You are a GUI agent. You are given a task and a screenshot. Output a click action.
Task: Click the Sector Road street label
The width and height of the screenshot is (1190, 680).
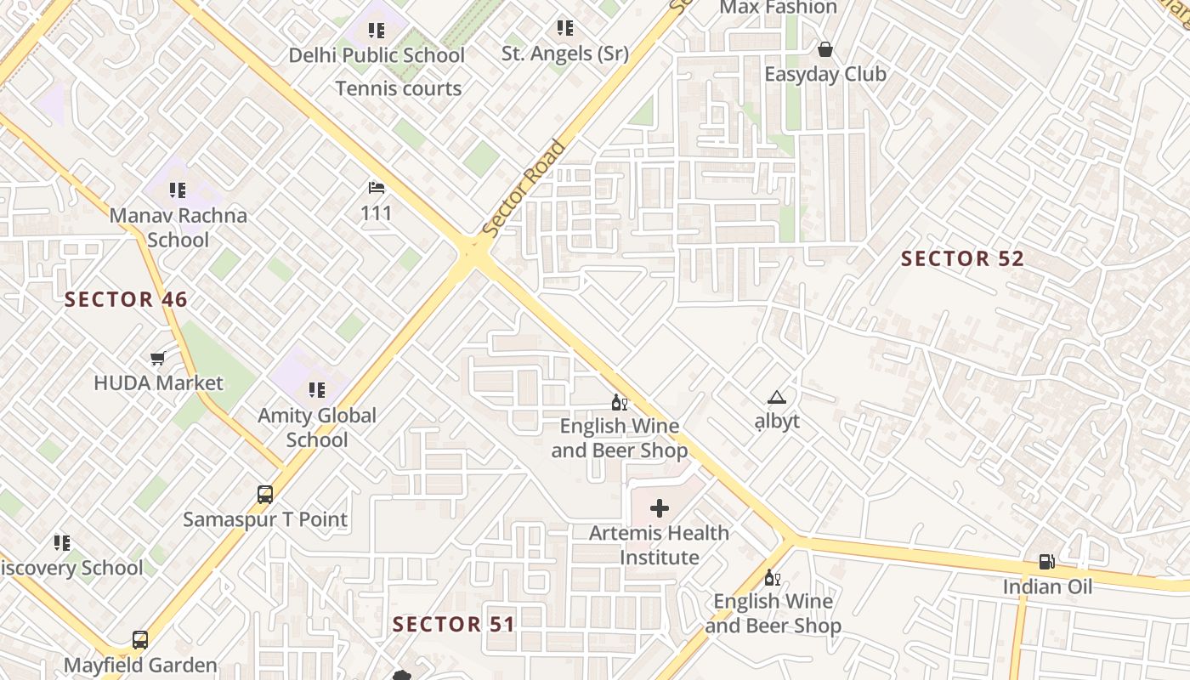click(x=524, y=189)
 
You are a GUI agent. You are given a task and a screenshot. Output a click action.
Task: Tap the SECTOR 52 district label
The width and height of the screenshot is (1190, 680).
click(x=962, y=258)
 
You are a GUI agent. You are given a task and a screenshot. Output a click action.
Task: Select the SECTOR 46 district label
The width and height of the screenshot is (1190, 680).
click(x=126, y=299)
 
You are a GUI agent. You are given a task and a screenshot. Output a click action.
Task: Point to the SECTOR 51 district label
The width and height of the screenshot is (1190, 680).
click(x=454, y=625)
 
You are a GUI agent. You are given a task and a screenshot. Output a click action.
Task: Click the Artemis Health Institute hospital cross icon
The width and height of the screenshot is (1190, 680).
click(x=659, y=509)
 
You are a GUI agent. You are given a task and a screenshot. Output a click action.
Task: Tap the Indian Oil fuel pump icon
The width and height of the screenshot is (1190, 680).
click(x=1046, y=562)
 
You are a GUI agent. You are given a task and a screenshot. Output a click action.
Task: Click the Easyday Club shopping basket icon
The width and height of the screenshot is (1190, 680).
click(x=824, y=49)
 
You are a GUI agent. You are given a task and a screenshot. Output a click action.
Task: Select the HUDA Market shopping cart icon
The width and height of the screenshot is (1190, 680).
click(x=157, y=359)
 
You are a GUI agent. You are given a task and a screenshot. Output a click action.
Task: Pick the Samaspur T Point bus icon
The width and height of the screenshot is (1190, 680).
click(x=265, y=495)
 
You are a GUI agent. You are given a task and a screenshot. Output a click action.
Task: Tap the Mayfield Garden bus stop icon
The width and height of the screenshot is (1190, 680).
click(x=140, y=640)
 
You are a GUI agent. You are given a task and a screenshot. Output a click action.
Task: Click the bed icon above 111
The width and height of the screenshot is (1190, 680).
click(x=377, y=187)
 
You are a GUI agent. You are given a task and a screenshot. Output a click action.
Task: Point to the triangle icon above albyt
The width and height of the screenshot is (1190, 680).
click(x=776, y=397)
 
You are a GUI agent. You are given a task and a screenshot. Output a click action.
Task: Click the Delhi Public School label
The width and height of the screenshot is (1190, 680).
click(x=377, y=55)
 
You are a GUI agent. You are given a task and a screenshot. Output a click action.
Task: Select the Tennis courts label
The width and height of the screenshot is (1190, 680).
click(x=399, y=88)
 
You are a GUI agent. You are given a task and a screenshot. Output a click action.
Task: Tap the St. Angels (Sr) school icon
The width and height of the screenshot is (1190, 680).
click(x=564, y=28)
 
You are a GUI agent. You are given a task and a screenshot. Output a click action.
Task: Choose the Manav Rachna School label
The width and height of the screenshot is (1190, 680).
click(x=178, y=227)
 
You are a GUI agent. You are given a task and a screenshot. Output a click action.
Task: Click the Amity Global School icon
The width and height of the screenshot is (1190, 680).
click(x=317, y=390)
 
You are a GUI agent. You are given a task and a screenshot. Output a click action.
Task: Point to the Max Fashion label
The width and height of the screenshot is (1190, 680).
click(x=778, y=8)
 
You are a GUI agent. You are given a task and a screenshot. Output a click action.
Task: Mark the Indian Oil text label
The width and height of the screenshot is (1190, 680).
click(x=1047, y=586)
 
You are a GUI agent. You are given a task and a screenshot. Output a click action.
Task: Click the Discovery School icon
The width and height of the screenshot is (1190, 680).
click(x=62, y=542)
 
